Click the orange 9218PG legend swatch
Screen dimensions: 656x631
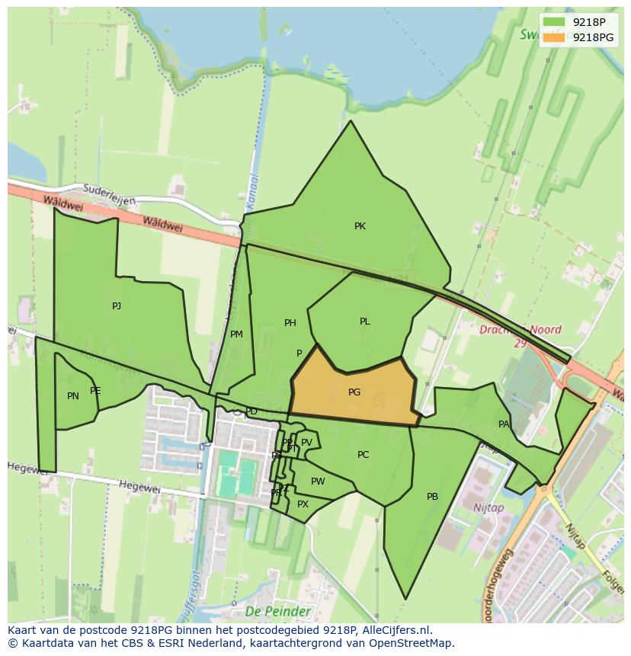click(x=554, y=37)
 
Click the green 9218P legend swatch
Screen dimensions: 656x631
click(x=554, y=22)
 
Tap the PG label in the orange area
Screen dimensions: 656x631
click(x=354, y=392)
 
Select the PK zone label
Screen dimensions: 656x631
click(x=360, y=226)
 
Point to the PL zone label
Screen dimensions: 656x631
click(x=364, y=322)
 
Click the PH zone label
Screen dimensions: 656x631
click(x=290, y=323)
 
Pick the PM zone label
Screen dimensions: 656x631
click(x=236, y=334)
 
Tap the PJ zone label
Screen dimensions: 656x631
click(x=117, y=306)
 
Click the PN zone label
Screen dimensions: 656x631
click(x=73, y=396)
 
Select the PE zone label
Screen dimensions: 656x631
click(x=95, y=391)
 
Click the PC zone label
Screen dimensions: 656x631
click(x=363, y=455)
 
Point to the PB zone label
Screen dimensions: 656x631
click(x=432, y=497)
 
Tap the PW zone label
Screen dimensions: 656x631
click(x=318, y=482)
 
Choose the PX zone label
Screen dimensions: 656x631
click(x=303, y=504)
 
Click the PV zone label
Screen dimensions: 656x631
click(x=306, y=443)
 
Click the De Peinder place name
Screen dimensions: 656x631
click(x=278, y=612)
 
